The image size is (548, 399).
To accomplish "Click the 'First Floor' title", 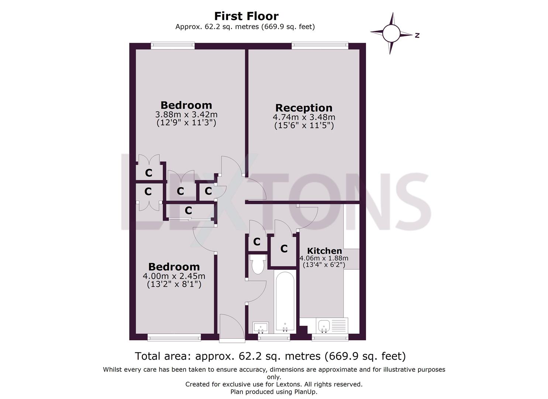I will tap(246, 16).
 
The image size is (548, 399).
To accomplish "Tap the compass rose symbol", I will tap(391, 34).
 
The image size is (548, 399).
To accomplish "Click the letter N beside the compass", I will tap(417, 35).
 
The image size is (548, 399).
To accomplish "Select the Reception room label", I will tap(304, 108).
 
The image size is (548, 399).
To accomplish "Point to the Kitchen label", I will tap(324, 251).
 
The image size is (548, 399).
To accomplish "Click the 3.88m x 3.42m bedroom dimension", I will tap(186, 115).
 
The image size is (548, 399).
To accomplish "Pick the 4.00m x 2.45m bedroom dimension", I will tap(174, 276).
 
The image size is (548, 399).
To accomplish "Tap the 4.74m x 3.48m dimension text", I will tap(304, 117).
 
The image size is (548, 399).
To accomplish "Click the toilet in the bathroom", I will tap(257, 265).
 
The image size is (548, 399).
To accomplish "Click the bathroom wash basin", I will tap(261, 327).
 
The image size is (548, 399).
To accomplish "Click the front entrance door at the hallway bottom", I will tap(231, 327).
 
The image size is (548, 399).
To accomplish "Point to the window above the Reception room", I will tap(320, 45).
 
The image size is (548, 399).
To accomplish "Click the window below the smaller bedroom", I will tap(174, 337).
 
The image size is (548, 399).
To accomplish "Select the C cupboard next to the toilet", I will tap(257, 242).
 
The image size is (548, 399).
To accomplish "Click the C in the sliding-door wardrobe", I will tap(188, 211).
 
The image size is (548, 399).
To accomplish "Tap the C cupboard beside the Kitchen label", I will tap(284, 249).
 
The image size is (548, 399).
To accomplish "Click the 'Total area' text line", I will tap(270, 356).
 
